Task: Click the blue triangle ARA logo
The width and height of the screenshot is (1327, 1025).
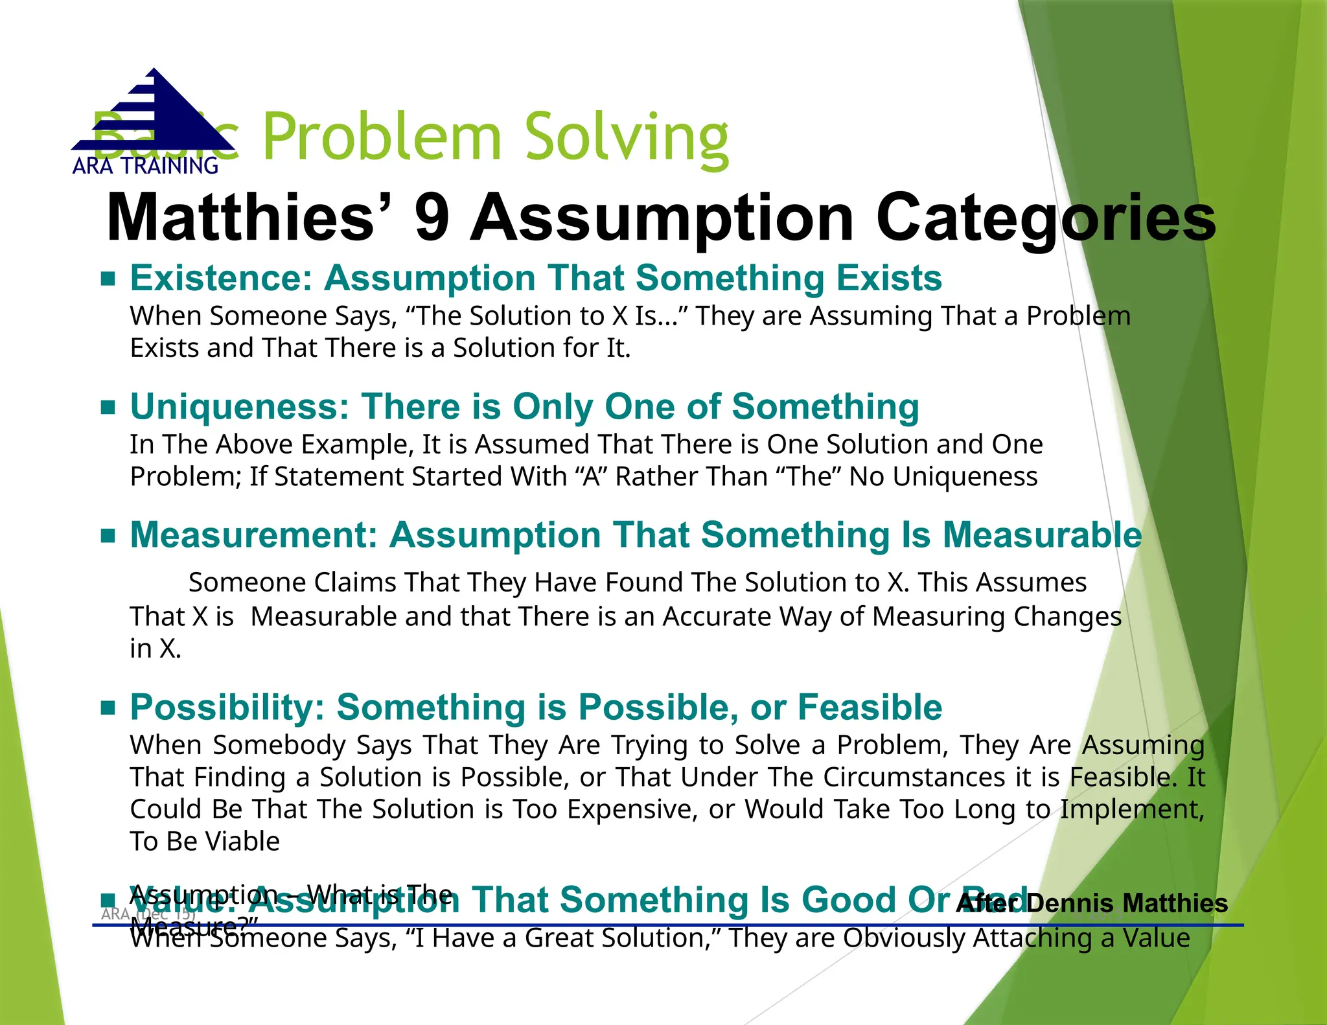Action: (154, 113)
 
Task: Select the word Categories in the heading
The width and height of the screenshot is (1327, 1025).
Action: (1046, 219)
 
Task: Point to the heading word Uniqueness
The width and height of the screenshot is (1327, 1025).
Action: (239, 407)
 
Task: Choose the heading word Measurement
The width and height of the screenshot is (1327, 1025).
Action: (253, 535)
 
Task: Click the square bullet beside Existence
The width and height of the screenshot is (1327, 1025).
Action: (108, 279)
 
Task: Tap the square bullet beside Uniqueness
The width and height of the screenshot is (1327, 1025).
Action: (108, 408)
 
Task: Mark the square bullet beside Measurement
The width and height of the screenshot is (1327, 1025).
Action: (108, 536)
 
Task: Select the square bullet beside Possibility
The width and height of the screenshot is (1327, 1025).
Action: (108, 708)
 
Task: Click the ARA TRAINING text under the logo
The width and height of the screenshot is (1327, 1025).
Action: (145, 167)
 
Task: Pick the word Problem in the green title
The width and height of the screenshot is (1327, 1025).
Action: (382, 138)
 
